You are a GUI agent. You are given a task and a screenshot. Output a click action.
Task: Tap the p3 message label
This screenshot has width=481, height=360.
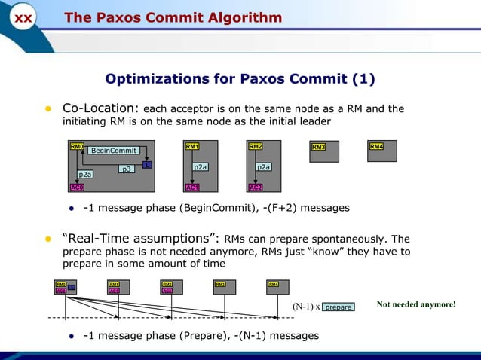point(127,169)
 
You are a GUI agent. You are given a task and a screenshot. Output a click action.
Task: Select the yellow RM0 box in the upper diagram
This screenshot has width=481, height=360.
point(77,146)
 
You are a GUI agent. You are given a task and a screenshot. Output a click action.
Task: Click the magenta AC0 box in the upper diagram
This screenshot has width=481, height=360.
point(77,187)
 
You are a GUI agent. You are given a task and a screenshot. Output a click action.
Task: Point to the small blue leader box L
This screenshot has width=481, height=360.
point(148,164)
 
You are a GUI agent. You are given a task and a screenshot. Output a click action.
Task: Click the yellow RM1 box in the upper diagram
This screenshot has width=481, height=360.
point(192,146)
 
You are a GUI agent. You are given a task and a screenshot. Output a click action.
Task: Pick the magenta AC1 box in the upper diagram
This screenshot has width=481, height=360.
point(192,187)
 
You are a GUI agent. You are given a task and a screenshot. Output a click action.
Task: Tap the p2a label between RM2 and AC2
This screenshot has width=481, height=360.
point(263,166)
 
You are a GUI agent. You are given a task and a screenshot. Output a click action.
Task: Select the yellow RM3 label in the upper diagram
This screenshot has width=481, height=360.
point(318,147)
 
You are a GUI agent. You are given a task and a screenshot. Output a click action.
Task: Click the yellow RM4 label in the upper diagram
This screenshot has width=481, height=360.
point(376,146)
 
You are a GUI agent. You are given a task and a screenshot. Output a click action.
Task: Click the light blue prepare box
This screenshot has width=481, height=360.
point(338,307)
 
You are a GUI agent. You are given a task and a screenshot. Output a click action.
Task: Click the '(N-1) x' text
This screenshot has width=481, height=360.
point(306,307)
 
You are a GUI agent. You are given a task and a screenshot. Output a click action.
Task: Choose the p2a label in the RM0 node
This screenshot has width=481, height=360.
point(85,174)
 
